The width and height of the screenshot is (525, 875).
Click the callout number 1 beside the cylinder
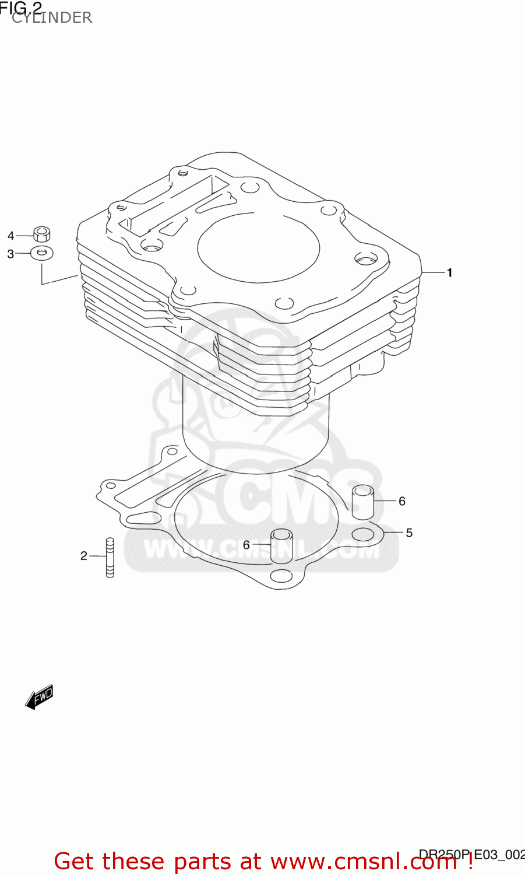[449, 272]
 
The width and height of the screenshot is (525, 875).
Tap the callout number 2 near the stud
[84, 556]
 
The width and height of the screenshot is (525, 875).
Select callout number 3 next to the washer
[10, 254]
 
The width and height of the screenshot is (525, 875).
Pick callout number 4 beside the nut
[10, 236]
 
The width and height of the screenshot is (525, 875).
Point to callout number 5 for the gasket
[409, 533]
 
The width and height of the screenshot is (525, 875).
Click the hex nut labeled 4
[41, 234]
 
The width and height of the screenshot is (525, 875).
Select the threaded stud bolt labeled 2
[110, 557]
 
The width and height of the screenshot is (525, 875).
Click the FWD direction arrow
[40, 696]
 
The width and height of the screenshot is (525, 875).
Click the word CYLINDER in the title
[52, 17]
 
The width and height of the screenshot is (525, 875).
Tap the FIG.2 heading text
[21, 8]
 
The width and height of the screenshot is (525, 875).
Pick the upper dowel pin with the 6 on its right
[362, 502]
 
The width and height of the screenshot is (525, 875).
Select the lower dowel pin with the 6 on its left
[281, 545]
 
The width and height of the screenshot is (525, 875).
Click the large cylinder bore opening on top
[258, 247]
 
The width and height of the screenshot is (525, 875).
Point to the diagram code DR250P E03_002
[472, 855]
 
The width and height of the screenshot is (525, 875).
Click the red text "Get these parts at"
[157, 862]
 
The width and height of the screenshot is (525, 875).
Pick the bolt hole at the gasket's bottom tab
[282, 576]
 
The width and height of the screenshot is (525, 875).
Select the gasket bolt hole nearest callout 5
[362, 534]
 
